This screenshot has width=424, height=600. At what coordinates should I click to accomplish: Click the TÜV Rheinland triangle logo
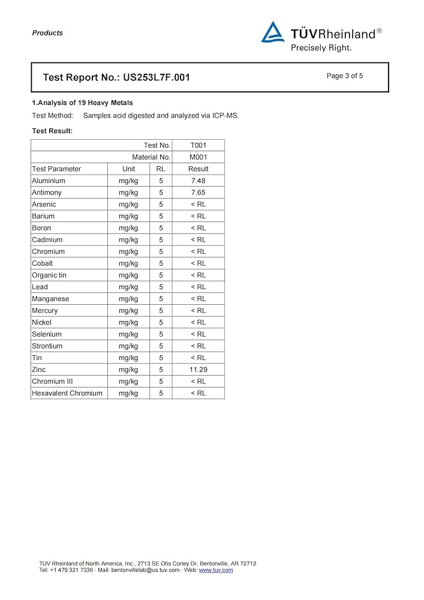[273, 33]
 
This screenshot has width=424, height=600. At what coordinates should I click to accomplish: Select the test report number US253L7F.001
[156, 77]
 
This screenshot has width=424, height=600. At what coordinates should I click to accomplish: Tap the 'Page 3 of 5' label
[345, 76]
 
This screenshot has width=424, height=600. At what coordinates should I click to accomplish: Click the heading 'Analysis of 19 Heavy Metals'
[84, 103]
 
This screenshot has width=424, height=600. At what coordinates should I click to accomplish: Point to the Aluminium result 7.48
[198, 181]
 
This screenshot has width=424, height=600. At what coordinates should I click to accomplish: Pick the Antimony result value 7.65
[198, 193]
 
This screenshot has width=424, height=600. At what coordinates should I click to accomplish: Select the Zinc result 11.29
[198, 370]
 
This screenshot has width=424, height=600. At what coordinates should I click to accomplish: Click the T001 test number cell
[198, 145]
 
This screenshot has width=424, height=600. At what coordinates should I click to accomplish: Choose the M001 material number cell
[198, 157]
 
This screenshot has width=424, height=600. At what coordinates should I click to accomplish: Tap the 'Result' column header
[198, 169]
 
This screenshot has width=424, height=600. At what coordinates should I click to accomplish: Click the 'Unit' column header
[128, 169]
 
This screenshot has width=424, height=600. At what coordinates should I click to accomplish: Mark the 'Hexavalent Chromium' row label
[67, 393]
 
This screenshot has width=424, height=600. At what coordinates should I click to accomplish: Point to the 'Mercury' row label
[45, 310]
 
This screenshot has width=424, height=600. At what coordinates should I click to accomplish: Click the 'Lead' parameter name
[40, 287]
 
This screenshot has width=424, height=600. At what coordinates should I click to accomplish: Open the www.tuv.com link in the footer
[216, 570]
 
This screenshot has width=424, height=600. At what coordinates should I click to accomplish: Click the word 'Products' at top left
[47, 33]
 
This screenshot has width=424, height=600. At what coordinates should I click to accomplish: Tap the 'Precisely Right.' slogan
[321, 47]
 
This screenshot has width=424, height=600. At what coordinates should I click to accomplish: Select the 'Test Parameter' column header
[56, 169]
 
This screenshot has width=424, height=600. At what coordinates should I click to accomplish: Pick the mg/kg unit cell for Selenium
[128, 334]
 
